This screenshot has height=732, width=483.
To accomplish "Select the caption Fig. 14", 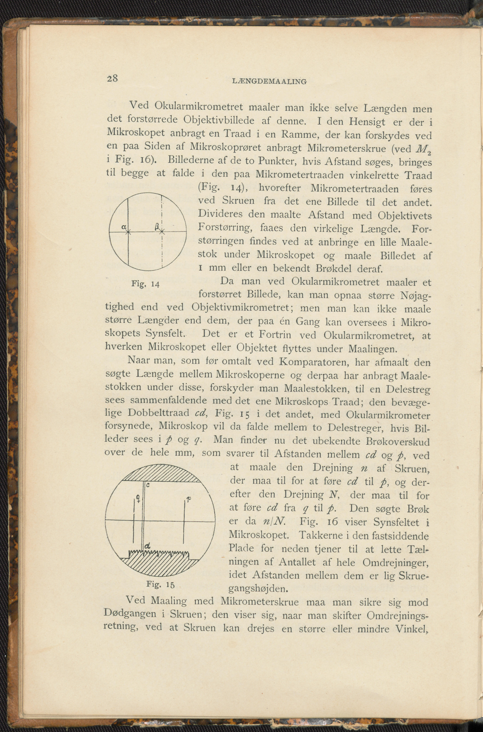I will coord(145,283).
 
